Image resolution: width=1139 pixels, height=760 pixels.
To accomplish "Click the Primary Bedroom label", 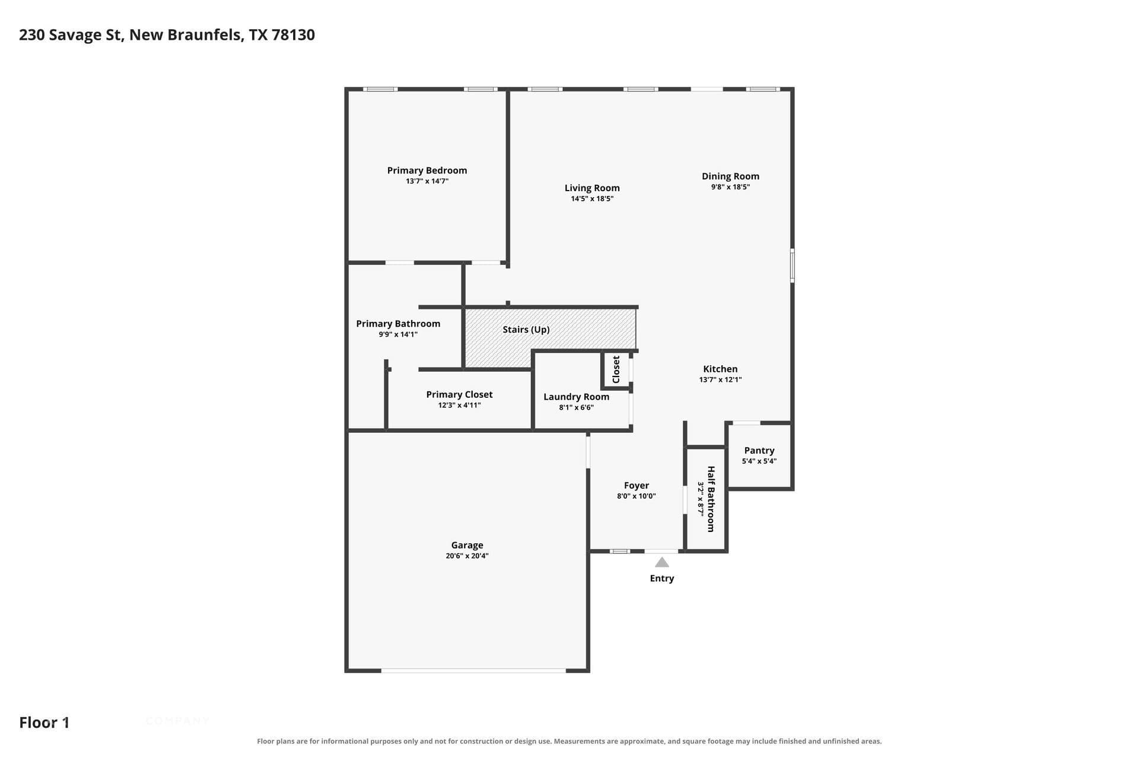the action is pyautogui.click(x=427, y=170).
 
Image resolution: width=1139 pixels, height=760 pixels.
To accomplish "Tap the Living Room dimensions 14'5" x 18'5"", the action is pyautogui.click(x=592, y=199).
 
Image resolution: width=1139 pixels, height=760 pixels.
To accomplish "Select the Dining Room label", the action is pyautogui.click(x=730, y=176).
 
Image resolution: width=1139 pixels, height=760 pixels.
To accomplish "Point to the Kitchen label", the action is pyautogui.click(x=720, y=369).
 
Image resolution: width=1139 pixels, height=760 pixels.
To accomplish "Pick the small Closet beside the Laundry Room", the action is pyautogui.click(x=616, y=369).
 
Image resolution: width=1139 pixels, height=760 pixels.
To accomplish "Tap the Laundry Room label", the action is pyautogui.click(x=576, y=397).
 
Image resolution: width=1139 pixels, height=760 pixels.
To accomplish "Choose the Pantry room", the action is pyautogui.click(x=759, y=455).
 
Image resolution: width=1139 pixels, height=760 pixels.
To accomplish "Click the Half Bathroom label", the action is pyautogui.click(x=711, y=499).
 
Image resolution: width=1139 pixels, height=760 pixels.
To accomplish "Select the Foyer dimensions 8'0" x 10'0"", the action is pyautogui.click(x=637, y=496).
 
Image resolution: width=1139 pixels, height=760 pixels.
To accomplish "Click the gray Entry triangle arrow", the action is pyautogui.click(x=662, y=562).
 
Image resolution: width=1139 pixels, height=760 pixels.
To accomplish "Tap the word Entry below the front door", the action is pyautogui.click(x=662, y=578).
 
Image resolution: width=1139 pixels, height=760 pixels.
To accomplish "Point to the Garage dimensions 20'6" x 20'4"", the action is pyautogui.click(x=467, y=556).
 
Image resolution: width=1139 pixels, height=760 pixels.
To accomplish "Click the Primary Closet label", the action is pyautogui.click(x=459, y=394).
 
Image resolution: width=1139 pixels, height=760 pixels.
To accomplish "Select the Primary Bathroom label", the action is pyautogui.click(x=398, y=324).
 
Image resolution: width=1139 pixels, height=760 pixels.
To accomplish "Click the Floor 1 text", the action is pyautogui.click(x=44, y=723).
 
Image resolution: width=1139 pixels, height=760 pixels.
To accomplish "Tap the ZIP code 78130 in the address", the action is pyautogui.click(x=293, y=35).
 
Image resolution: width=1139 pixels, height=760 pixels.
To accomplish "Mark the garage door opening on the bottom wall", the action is pyautogui.click(x=473, y=671).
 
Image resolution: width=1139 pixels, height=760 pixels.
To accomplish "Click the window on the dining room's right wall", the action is pyautogui.click(x=792, y=265).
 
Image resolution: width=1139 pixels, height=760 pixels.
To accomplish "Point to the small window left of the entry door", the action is pyautogui.click(x=620, y=552).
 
